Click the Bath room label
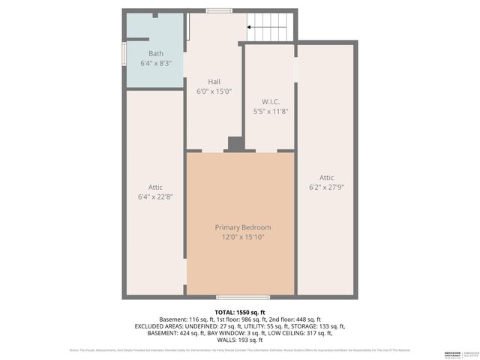pyautogui.click(x=155, y=53)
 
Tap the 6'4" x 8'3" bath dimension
pyautogui.click(x=155, y=64)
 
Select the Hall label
pyautogui.click(x=214, y=82)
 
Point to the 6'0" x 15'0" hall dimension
pyautogui.click(x=214, y=91)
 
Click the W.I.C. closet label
pyautogui.click(x=270, y=101)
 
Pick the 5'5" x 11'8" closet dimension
pyautogui.click(x=270, y=111)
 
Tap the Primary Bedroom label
pyautogui.click(x=243, y=227)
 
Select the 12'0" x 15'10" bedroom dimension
pyautogui.click(x=243, y=237)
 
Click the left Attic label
pyautogui.click(x=155, y=187)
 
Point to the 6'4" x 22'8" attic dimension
pyautogui.click(x=155, y=197)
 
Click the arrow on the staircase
pyautogui.click(x=259, y=29)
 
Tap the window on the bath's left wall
pyautogui.click(x=124, y=55)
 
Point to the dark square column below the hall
pyautogui.click(x=235, y=144)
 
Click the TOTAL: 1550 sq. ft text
pyautogui.click(x=239, y=310)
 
